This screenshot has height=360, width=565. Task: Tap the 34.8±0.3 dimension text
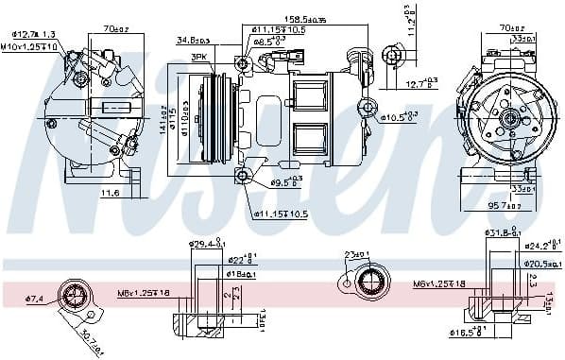(194, 41)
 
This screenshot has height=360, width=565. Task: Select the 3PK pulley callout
(198, 57)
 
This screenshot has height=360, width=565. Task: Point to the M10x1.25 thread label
(29, 46)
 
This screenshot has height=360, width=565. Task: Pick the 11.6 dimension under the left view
(110, 193)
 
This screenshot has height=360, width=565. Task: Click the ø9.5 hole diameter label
(285, 181)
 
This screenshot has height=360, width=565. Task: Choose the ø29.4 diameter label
(205, 245)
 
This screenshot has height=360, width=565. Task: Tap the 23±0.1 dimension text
(358, 254)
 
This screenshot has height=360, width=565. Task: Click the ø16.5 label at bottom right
(463, 334)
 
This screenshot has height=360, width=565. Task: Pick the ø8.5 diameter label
(272, 41)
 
